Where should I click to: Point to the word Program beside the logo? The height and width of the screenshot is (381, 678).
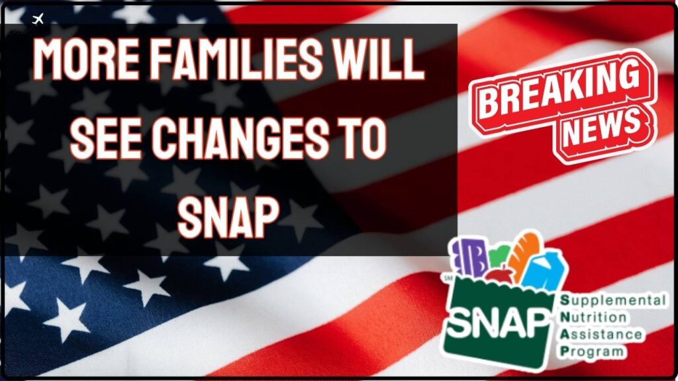click(591, 351)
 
